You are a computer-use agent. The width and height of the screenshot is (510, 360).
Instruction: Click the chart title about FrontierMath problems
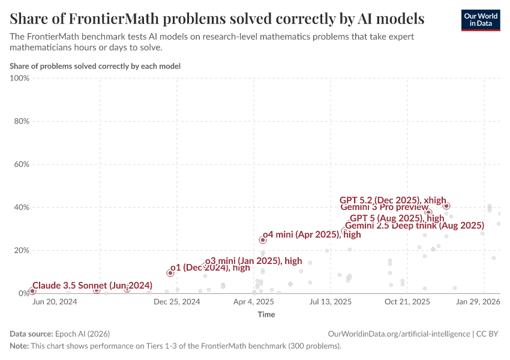click(217, 19)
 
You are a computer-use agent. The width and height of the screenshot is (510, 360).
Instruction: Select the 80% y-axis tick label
click(21, 121)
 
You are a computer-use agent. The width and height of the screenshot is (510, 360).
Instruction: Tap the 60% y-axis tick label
click(21, 164)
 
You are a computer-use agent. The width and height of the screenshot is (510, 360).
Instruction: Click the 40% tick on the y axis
click(21, 208)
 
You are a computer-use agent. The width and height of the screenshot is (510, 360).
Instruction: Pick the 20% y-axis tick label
click(21, 250)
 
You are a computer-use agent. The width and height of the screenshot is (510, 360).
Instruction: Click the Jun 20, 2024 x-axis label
click(54, 302)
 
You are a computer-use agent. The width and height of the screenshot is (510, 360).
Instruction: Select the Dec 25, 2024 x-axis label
click(176, 302)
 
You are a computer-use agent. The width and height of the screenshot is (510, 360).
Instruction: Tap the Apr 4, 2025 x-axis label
click(253, 302)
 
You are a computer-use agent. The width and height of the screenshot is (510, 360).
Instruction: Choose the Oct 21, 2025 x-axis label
click(407, 302)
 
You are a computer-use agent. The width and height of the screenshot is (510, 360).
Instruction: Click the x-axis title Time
click(266, 314)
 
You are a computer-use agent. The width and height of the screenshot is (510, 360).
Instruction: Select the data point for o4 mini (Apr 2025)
click(262, 240)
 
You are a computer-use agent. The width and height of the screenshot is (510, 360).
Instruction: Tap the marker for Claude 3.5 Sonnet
click(32, 291)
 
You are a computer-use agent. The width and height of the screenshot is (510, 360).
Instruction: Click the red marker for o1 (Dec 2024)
click(170, 273)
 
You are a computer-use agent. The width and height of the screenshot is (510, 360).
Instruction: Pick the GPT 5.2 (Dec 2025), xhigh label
click(392, 200)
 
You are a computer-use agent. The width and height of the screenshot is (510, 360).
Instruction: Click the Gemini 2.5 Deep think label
click(414, 226)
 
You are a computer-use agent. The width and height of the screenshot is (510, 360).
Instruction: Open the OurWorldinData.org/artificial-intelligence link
click(400, 334)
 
